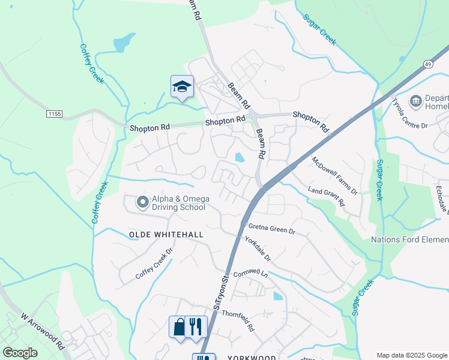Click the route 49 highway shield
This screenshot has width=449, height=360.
coord(427,64)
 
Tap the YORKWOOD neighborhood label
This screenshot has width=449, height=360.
coord(252,358)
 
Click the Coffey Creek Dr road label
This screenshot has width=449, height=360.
coord(154,264)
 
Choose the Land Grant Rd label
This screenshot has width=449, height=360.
coord(327,196)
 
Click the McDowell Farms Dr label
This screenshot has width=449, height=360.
coord(334,175)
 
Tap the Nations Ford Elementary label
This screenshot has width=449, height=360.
coord(409,239)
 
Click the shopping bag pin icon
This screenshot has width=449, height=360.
coord(179,326)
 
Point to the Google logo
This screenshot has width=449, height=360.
coord(20,353)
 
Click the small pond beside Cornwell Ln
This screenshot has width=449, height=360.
coord(277,296)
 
